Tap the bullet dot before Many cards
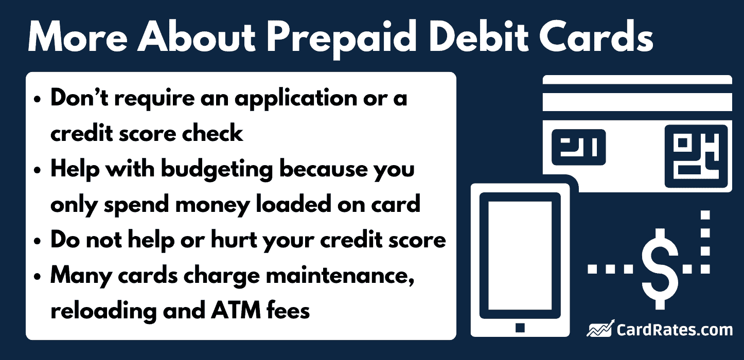click(38, 277)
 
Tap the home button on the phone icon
click(520, 327)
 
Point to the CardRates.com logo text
click(675, 329)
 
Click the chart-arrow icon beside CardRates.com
click(600, 329)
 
